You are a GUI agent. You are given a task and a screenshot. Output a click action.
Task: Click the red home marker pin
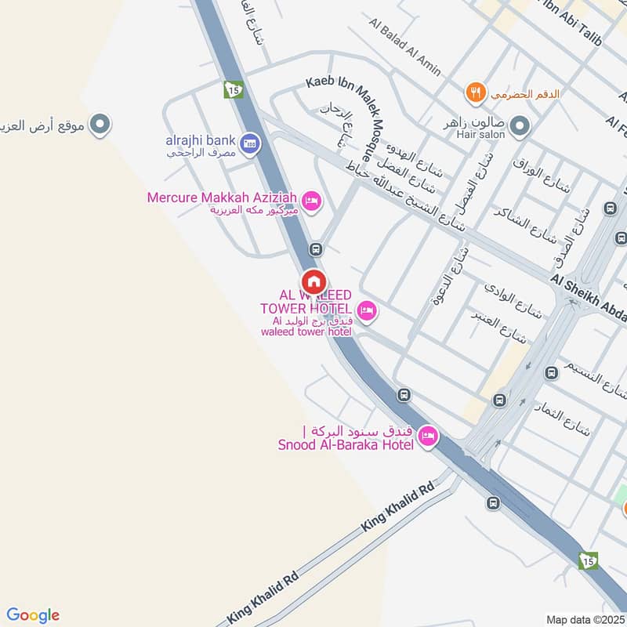tap(313, 281)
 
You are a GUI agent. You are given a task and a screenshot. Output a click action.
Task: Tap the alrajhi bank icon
tap(250, 142)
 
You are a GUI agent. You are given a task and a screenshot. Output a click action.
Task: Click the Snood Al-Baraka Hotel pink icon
tap(427, 436)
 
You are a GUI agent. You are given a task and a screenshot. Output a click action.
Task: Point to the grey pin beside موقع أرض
tap(100, 123)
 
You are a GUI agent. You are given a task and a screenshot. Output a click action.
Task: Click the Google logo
tap(33, 615)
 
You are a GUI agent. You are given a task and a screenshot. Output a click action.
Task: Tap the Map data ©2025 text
tap(584, 619)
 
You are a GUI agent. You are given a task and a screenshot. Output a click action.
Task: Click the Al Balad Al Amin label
tap(404, 42)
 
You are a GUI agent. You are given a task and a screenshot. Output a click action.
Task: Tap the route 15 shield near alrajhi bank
tap(233, 90)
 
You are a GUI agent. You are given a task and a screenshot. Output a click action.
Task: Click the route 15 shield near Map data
tap(589, 560)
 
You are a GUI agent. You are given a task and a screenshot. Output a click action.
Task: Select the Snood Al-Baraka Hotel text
tap(345, 445)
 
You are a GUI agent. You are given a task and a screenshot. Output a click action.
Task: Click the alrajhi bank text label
tap(200, 140)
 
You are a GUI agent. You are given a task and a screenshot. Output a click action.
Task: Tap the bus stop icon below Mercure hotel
tap(316, 249)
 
